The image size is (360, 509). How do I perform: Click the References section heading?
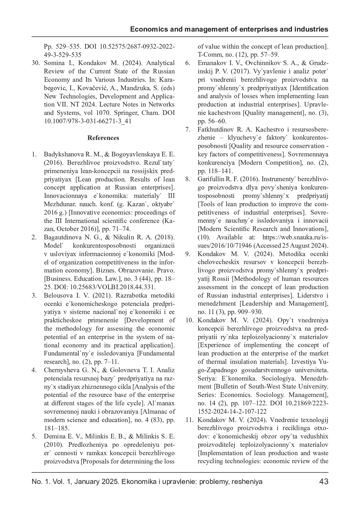[x=103, y=138]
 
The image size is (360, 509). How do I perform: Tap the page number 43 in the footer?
[x=324, y=482]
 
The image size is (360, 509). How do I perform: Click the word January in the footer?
[x=87, y=482]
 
